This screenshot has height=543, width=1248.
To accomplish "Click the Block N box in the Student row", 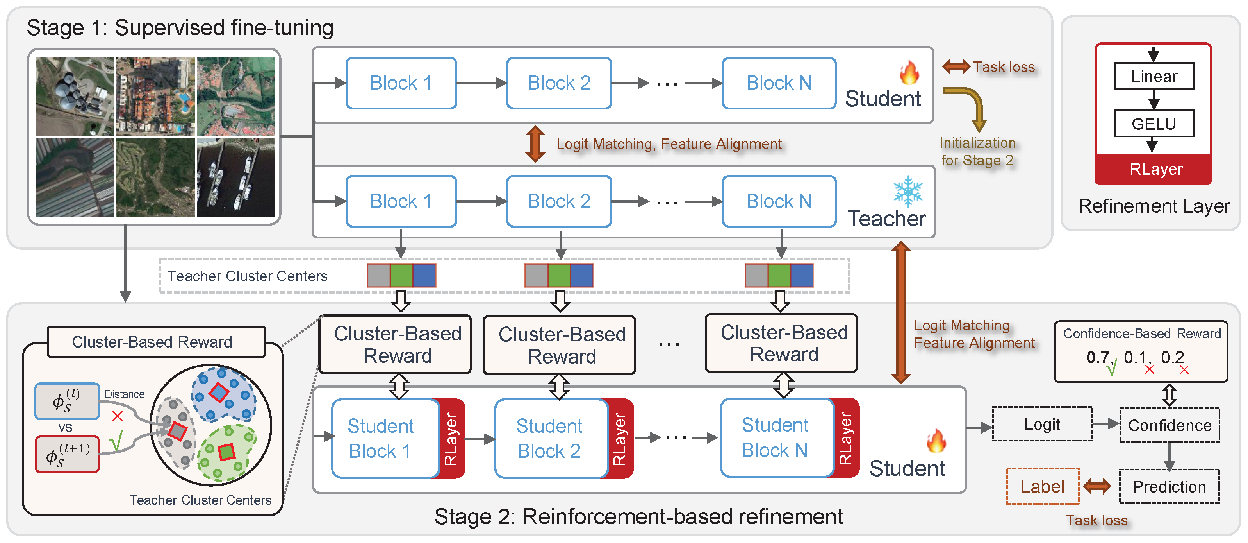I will click(779, 83).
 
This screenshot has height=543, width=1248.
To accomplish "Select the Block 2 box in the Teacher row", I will click(559, 201).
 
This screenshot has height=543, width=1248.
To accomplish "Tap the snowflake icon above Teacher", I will click(907, 191).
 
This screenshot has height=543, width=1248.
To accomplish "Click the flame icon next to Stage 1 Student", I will click(909, 73).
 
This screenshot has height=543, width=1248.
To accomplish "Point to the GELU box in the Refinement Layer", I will click(1154, 124).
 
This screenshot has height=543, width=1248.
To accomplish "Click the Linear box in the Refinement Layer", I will click(1154, 76).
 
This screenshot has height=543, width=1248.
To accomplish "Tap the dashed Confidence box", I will click(1169, 425).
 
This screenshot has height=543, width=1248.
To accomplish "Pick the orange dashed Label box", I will click(1042, 486).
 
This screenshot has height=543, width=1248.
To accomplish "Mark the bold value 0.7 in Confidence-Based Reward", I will click(1097, 357).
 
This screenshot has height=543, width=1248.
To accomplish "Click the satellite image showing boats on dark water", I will click(236, 177).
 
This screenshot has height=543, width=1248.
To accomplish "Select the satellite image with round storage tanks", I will click(75, 97).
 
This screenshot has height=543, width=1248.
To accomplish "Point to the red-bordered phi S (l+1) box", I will click(67, 454).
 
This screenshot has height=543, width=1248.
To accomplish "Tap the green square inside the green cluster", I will click(226, 452).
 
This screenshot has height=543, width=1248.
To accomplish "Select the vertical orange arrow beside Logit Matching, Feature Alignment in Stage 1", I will click(535, 143).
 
